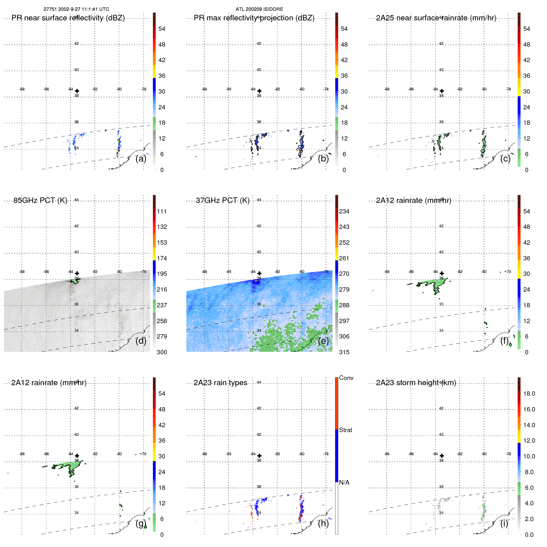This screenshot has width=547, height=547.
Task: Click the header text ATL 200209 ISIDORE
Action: (x=259, y=9)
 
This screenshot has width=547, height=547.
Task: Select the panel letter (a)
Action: (x=141, y=159)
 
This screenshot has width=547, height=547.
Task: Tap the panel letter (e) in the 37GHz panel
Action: (x=323, y=341)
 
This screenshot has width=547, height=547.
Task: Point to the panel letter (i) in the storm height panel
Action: (x=504, y=524)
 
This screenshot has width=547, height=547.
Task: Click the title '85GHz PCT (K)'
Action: (x=40, y=200)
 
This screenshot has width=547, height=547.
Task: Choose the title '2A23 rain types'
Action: (x=220, y=383)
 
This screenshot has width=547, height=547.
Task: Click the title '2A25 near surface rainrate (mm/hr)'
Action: (x=436, y=18)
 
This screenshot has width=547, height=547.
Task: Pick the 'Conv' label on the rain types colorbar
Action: (x=346, y=378)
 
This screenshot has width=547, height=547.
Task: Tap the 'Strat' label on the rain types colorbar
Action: (x=345, y=430)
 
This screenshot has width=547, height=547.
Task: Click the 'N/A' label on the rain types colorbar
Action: (x=344, y=482)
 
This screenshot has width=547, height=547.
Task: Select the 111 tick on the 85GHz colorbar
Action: (x=162, y=211)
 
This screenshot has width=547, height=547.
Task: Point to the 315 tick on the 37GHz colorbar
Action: (x=344, y=352)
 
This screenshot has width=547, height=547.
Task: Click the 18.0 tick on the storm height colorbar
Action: (x=529, y=393)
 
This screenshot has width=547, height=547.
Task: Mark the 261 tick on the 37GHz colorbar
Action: (x=344, y=258)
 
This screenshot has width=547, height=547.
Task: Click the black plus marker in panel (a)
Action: (x=77, y=91)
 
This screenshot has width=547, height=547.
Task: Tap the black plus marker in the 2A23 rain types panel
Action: (x=259, y=456)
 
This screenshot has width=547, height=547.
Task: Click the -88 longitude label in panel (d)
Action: (x=22, y=272)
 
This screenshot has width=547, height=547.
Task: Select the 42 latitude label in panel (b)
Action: (x=259, y=44)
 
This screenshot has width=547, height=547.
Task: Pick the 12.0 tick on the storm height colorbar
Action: (x=529, y=440)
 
